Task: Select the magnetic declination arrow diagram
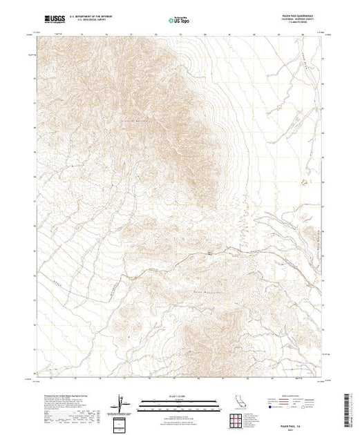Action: [122, 400]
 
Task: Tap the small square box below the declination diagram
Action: [122, 421]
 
